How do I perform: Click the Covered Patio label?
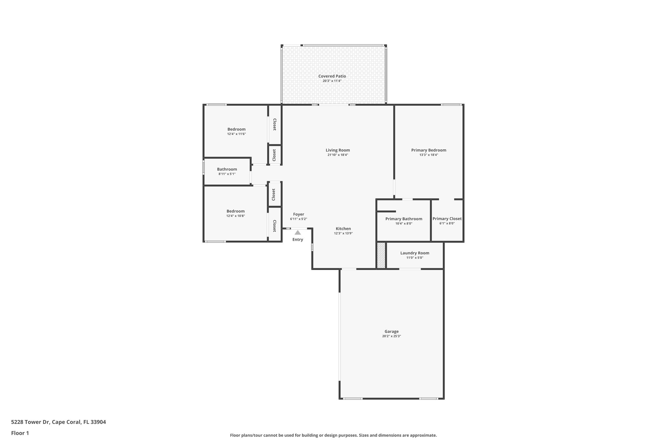tap(332, 76)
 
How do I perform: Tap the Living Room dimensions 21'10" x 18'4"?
tap(338, 155)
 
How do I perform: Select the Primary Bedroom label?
tap(429, 150)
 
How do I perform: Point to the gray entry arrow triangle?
tap(298, 233)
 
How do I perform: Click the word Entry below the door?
tap(298, 240)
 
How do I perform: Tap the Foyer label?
tap(298, 214)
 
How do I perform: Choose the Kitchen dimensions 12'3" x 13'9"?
tap(343, 233)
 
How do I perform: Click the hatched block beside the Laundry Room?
tap(381, 255)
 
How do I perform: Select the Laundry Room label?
tap(415, 253)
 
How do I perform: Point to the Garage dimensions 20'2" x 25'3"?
tap(391, 336)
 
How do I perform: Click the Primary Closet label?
tap(447, 219)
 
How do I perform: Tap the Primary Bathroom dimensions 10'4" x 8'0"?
tap(404, 223)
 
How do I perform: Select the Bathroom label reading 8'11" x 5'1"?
tap(227, 169)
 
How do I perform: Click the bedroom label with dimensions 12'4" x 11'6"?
tap(236, 129)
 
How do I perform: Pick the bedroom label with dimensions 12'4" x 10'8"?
tap(235, 211)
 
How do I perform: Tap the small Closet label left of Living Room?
tap(274, 155)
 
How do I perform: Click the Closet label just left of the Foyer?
tap(274, 226)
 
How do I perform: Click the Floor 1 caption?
tap(20, 433)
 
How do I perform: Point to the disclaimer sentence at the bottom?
tap(333, 435)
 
